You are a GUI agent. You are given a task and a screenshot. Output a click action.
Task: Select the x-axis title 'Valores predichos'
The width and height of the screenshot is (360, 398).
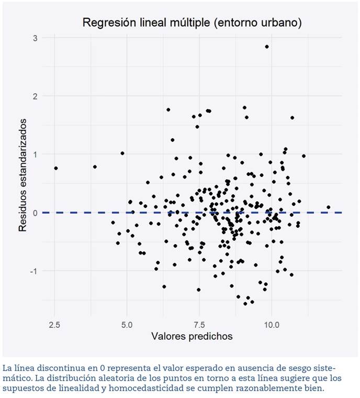tap(192, 336)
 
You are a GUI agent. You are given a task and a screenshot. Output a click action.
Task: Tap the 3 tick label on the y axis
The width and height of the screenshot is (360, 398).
tap(34, 38)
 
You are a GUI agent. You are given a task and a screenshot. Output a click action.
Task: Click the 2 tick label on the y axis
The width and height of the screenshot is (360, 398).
tap(34, 96)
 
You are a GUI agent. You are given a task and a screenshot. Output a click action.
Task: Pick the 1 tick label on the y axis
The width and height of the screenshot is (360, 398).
tap(34, 154)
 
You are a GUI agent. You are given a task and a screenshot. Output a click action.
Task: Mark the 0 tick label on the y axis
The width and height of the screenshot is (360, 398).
tap(34, 213)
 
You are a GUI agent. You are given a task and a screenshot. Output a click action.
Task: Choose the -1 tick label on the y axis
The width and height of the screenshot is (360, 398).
tap(32, 271)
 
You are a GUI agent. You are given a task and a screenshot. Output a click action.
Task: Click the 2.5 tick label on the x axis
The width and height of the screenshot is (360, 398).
tap(54, 324)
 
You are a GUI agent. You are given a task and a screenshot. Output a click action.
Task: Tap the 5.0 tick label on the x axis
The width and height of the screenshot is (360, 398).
tap(127, 324)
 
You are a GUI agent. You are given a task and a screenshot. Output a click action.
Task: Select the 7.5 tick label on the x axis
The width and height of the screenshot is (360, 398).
tap(199, 324)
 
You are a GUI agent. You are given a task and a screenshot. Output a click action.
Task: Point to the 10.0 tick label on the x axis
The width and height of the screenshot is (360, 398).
tap(271, 324)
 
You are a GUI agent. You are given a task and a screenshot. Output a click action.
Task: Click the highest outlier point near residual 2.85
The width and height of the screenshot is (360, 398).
tap(266, 47)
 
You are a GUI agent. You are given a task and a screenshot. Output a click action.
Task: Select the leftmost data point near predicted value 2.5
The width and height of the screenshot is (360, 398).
tap(55, 168)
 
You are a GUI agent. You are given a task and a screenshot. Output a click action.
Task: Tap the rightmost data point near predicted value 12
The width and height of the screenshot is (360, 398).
tap(328, 207)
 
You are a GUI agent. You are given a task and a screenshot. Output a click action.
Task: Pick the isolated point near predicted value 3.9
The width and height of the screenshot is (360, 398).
tap(95, 167)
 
